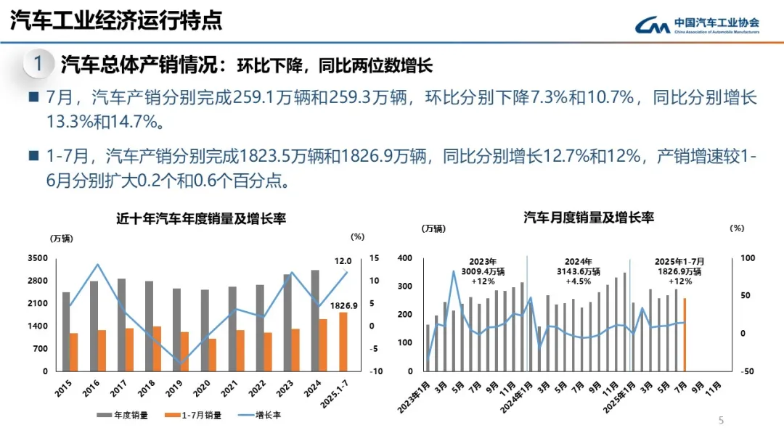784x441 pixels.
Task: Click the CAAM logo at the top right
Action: coord(698,25)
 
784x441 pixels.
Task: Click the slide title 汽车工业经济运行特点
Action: coord(116,20)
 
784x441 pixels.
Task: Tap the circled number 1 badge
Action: coord(38,65)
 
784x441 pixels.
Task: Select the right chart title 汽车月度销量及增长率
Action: coord(589,217)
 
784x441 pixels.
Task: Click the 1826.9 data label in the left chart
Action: coord(343,305)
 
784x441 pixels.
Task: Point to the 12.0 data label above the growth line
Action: coord(343,260)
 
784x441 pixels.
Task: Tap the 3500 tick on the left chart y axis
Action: coord(38,258)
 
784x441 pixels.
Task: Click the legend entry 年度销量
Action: coord(126,416)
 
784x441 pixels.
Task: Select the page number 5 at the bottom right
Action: coord(721,420)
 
